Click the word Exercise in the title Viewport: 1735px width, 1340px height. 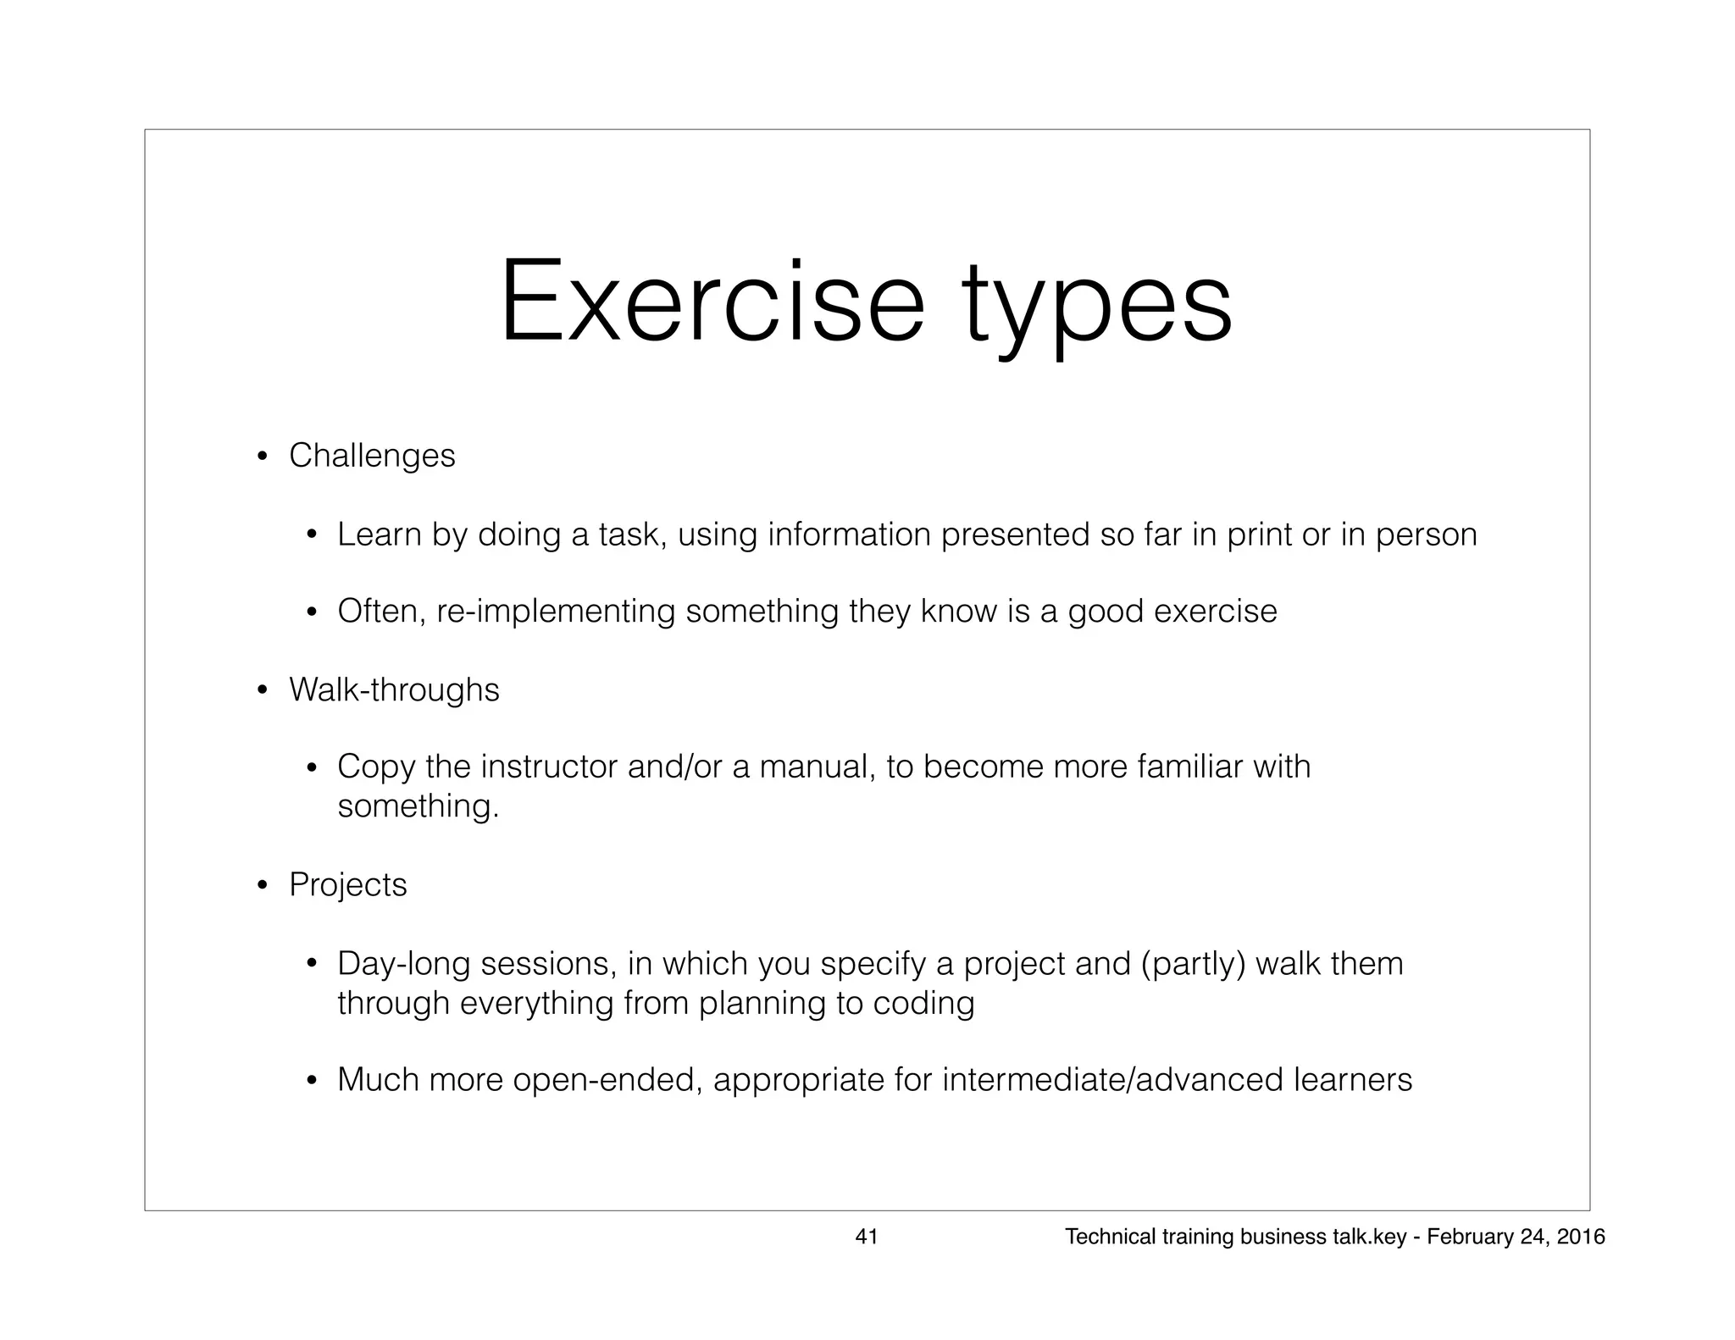click(x=712, y=302)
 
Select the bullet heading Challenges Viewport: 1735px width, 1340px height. click(x=372, y=456)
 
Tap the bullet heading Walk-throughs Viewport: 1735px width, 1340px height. click(x=394, y=689)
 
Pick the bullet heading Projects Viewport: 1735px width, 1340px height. click(x=348, y=885)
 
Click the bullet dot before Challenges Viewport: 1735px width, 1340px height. click(x=263, y=458)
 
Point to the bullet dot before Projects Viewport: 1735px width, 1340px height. click(x=263, y=887)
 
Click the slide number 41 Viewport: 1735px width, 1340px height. click(x=867, y=1237)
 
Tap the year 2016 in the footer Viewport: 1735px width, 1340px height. click(x=1581, y=1237)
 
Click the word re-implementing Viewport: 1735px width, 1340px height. click(x=556, y=612)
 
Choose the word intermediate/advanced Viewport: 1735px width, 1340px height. click(x=1113, y=1080)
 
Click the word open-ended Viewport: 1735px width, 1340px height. click(x=607, y=1080)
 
